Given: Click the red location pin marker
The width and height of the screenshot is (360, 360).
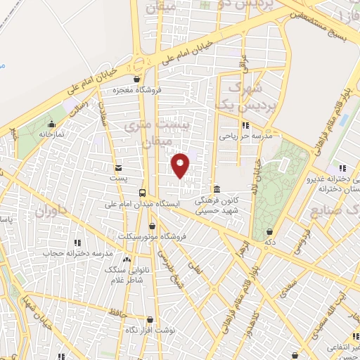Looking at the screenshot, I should [181, 165].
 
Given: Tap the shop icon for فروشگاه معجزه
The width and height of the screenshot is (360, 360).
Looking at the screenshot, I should [136, 79].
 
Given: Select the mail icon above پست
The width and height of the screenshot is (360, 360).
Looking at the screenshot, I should [117, 167].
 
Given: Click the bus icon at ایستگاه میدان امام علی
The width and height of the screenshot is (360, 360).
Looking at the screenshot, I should [143, 193].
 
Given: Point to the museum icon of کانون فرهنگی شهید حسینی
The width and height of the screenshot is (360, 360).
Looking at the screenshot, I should [217, 190].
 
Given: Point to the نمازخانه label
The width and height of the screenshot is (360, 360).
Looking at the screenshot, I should [51, 133].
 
